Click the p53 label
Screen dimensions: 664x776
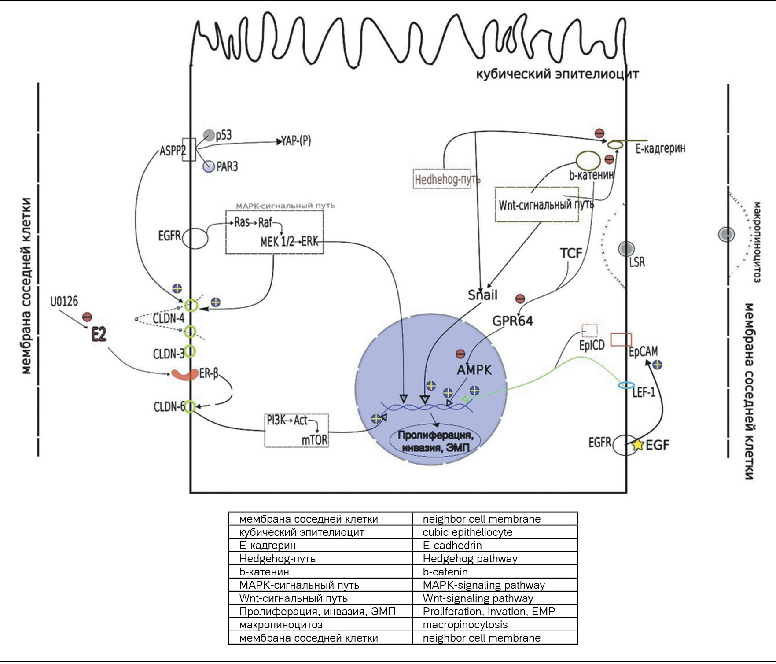click(224, 135)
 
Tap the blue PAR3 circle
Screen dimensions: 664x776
click(208, 166)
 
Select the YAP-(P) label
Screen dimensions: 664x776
click(296, 141)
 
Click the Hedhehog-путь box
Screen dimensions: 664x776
click(442, 179)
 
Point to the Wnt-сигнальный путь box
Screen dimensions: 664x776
click(537, 205)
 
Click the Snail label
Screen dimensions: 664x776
click(482, 295)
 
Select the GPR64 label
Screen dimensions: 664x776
click(512, 321)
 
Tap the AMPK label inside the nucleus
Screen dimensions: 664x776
click(474, 370)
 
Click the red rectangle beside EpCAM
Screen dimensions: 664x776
click(622, 339)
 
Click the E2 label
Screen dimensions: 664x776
click(99, 335)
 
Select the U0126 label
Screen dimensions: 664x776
click(64, 302)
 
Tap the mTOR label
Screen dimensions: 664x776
click(315, 439)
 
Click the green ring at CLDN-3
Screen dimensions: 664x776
click(190, 351)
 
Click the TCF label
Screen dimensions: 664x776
click(571, 253)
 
